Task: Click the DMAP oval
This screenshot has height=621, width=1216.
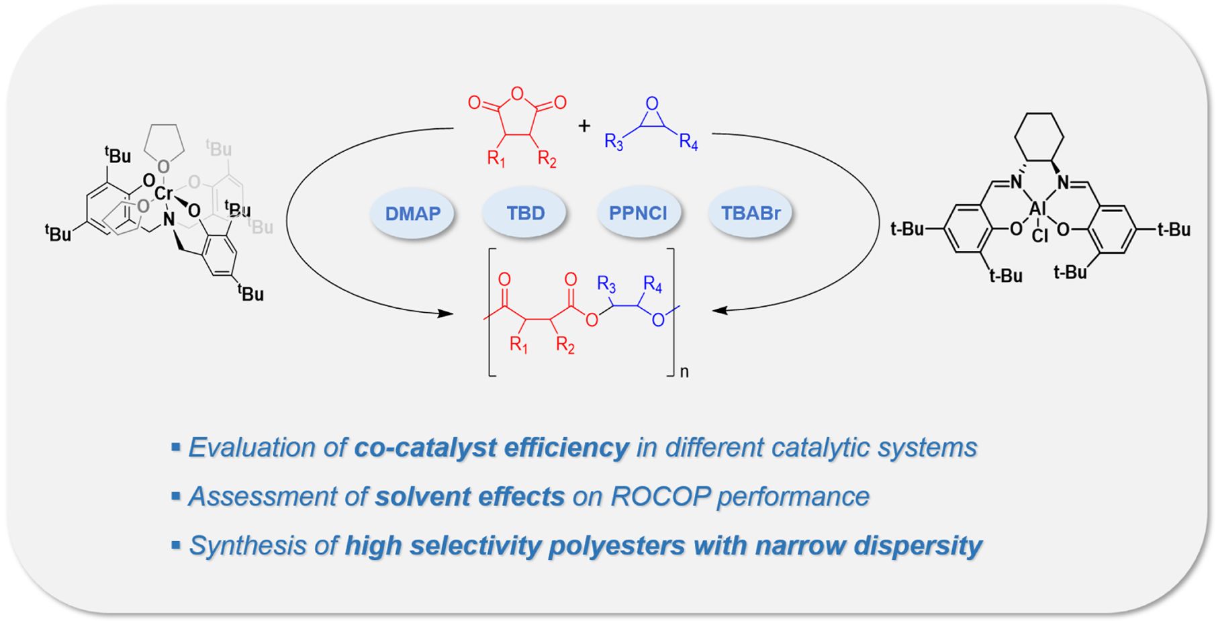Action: point(412,213)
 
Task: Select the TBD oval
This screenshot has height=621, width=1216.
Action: point(525,213)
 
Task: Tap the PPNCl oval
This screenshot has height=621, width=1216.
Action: point(638,213)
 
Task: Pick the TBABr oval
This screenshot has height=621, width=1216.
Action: point(751,213)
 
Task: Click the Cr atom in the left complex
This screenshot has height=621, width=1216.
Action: point(164,193)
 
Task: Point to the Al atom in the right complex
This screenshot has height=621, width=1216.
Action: point(1038,209)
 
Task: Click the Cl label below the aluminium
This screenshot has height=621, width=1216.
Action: point(1039,236)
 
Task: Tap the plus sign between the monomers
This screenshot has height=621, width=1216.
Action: point(584,126)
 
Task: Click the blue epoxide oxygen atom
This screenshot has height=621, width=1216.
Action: point(651,103)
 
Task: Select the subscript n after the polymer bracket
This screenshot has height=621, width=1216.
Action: point(684,371)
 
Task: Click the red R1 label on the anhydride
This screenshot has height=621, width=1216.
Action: point(496,160)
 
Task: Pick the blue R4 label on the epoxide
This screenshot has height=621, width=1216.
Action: point(689,142)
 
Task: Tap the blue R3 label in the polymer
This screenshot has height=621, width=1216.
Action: point(606,285)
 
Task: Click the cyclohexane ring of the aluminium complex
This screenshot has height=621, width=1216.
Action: point(1039,138)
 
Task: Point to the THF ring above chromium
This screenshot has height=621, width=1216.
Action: point(163,148)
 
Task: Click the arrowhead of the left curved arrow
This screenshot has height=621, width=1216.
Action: point(445,313)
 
